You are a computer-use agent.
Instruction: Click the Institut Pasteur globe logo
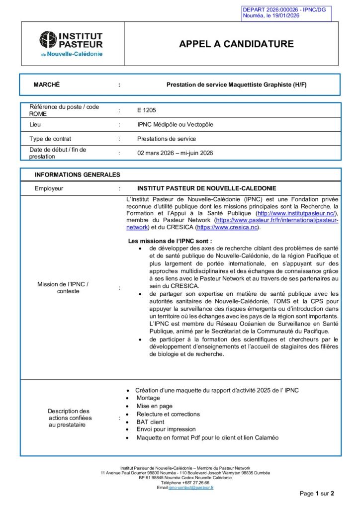(x=48, y=40)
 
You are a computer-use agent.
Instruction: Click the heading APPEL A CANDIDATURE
(x=236, y=44)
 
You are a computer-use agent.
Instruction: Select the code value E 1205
(x=147, y=110)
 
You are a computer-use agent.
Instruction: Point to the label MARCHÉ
(x=46, y=85)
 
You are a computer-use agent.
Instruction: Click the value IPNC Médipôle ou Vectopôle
(x=175, y=124)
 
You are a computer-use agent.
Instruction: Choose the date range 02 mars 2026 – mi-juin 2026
(x=175, y=153)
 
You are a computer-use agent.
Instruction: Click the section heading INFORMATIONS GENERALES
(x=77, y=175)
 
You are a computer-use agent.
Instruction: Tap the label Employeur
(x=49, y=188)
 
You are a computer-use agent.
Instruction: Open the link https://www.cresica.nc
(x=227, y=227)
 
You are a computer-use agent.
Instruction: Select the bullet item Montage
(x=148, y=398)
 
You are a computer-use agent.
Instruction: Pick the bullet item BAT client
(x=150, y=422)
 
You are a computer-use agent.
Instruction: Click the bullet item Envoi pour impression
(x=166, y=429)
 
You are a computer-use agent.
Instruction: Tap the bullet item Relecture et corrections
(x=168, y=414)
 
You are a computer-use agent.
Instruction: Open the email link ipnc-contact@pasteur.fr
(x=191, y=488)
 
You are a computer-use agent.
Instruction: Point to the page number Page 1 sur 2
(x=317, y=494)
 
